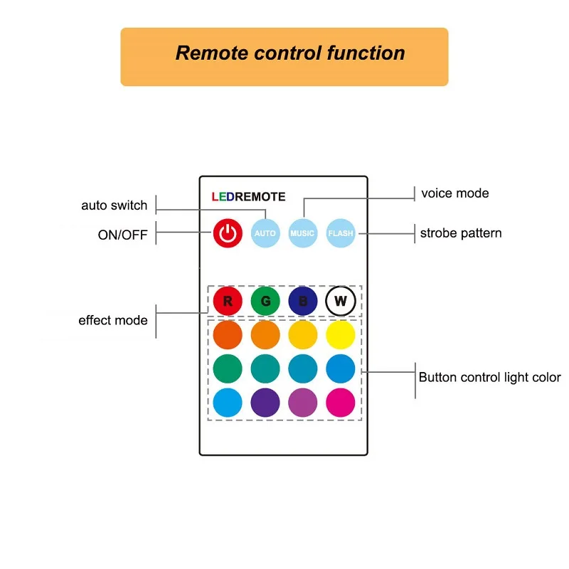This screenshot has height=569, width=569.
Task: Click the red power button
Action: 227,233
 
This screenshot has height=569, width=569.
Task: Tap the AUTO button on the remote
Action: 265,233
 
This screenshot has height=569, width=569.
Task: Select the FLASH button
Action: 340,233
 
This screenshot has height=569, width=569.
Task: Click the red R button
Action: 228,301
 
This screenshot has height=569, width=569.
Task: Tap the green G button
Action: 265,301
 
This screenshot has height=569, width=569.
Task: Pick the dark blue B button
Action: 303,301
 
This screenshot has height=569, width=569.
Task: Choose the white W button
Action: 341,301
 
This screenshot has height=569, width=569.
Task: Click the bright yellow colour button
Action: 341,335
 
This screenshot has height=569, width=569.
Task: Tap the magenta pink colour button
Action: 341,403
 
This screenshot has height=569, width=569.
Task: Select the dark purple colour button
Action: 265,403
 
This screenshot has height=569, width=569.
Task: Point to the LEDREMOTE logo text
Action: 248,197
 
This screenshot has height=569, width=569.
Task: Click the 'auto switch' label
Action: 114,206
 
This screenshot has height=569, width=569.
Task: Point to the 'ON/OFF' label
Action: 122,235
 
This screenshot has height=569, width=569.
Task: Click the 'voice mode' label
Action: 455,193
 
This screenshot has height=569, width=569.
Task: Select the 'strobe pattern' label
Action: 461,233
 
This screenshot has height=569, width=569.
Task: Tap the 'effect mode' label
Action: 113,320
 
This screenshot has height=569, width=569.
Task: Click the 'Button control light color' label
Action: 489,378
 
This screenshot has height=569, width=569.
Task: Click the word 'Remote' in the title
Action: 211,53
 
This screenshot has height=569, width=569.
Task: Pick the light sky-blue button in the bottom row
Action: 228,403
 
